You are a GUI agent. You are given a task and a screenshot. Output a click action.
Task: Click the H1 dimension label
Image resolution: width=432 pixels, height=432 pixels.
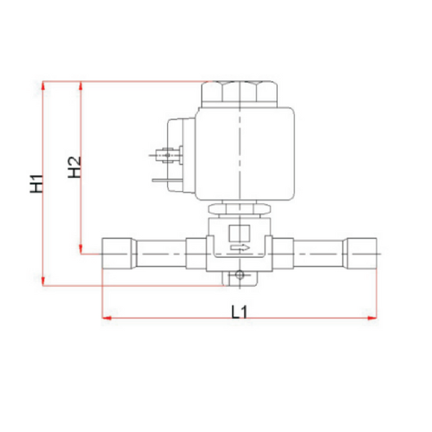pyautogui.click(x=37, y=184)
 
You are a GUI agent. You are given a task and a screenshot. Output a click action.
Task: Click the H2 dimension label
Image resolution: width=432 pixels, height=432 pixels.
pyautogui.click(x=74, y=167)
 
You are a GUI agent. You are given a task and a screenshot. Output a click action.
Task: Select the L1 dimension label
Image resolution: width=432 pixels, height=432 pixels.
pyautogui.click(x=239, y=312)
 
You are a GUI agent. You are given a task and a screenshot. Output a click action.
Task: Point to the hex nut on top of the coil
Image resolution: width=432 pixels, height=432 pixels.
pyautogui.click(x=240, y=94)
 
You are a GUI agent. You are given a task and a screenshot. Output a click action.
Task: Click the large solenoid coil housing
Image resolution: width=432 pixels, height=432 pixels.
pyautogui.click(x=245, y=154)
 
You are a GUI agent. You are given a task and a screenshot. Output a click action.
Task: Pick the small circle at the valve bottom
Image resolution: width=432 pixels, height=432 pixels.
pyautogui.click(x=240, y=275)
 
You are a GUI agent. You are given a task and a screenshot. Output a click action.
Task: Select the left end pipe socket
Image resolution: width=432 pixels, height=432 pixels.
pyautogui.click(x=120, y=253)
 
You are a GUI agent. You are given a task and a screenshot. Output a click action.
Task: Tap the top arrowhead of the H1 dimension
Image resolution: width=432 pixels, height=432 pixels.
pyautogui.click(x=43, y=86)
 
